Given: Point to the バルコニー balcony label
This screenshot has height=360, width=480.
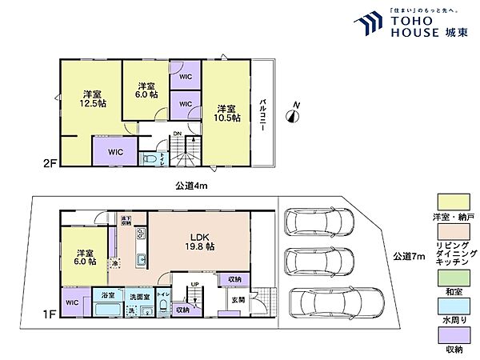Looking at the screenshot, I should click(x=263, y=116).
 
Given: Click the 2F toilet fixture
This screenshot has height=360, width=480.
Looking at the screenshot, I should click(x=150, y=159).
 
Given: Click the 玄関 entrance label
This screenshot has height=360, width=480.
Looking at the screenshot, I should click(x=238, y=300).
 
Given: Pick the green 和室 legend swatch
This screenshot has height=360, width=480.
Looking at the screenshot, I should click(x=450, y=276).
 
